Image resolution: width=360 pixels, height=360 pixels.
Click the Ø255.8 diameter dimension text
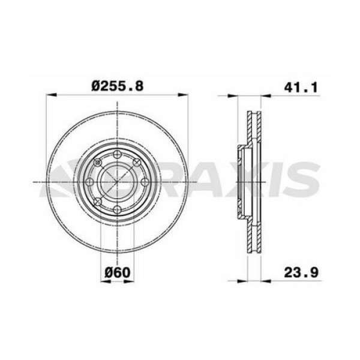(118, 86)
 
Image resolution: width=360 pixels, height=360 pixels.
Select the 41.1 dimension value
(300, 86)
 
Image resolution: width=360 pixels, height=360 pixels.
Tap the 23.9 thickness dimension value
(300, 272)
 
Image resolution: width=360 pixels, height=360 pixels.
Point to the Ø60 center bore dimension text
(117, 272)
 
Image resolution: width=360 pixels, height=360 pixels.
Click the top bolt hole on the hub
(118, 155)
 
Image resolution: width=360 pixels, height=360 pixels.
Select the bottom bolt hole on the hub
(118, 209)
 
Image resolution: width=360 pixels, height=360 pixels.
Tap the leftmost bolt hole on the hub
(90, 182)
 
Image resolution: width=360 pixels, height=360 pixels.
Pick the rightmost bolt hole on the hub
(145, 182)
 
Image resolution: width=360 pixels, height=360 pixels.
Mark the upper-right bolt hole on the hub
(137, 163)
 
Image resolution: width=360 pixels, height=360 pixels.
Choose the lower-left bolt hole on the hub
(98, 201)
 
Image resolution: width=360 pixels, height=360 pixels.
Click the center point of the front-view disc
(118, 182)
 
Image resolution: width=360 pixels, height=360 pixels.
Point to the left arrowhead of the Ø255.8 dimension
(50, 95)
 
